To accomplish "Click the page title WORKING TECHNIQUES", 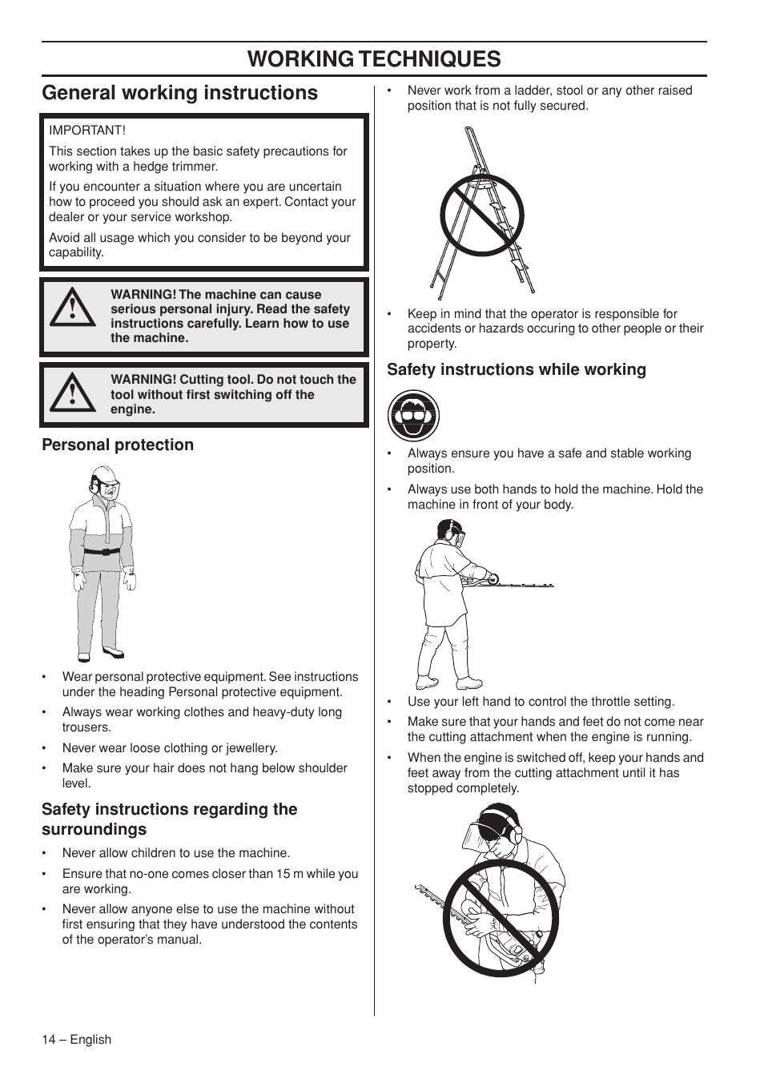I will coord(374,58).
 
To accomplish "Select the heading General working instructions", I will coord(179,93).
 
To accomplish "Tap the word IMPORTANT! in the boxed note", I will coord(87,131).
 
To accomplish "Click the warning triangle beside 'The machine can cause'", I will coord(72,308).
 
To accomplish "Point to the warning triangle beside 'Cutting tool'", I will coord(72,393).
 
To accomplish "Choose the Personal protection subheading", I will coord(118,445).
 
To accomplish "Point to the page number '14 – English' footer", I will coord(77,1039).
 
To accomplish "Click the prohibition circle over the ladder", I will coord(481,215).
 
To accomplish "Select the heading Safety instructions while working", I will coord(517,369).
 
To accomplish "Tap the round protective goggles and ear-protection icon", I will coord(413,416).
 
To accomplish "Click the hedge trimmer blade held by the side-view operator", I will coord(525,584).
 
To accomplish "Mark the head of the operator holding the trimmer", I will coord(450,533).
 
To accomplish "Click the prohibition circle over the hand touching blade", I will coord(501,918).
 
